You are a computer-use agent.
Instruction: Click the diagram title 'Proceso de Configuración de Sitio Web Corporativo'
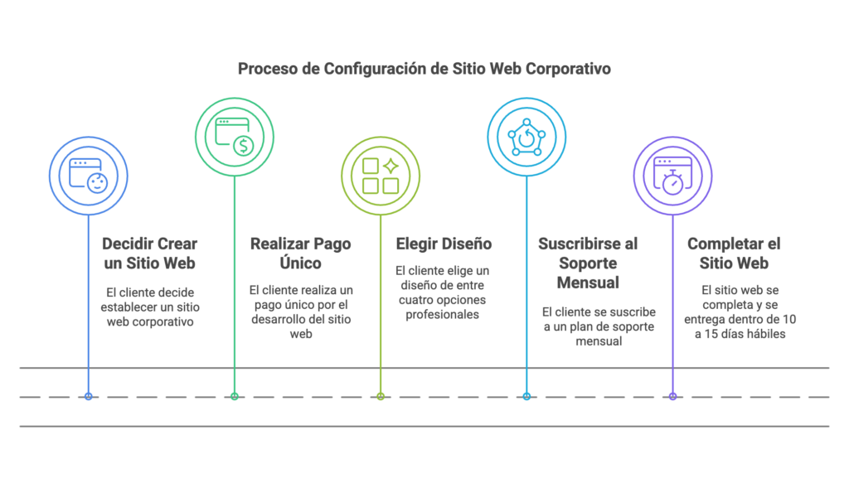point(424,68)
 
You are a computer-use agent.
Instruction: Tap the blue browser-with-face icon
point(89,175)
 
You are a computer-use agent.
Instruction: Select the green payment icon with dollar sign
point(235,136)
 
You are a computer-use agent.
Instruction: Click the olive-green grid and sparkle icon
point(381,175)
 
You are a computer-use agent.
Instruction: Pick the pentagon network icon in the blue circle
point(526,136)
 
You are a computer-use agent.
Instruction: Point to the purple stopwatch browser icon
point(672,175)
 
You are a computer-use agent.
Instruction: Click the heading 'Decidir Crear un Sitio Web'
point(149,254)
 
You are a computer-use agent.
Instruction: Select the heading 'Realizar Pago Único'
point(300,254)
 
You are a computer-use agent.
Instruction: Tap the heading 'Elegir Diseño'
point(444,244)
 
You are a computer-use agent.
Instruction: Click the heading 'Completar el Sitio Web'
point(734,254)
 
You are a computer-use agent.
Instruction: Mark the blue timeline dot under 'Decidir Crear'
point(89,397)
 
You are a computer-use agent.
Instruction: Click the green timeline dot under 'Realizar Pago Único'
point(235,397)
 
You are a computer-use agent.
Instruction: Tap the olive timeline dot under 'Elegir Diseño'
point(381,397)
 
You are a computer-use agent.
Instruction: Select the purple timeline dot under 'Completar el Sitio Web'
point(672,397)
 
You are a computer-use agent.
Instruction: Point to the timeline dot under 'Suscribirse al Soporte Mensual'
point(526,397)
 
